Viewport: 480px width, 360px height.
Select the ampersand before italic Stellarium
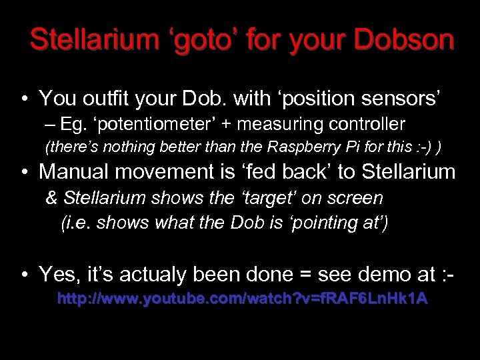point(51,198)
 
